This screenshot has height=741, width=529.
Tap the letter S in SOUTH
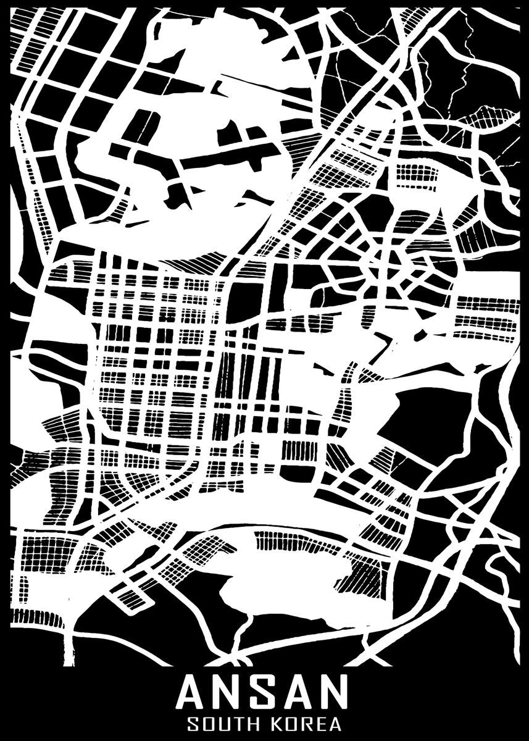click(x=194, y=723)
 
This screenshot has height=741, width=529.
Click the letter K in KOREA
click(x=281, y=723)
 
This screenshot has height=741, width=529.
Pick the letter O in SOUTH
click(x=211, y=723)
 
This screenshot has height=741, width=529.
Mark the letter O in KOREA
click(x=296, y=723)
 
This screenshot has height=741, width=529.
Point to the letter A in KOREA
click(x=341, y=723)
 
